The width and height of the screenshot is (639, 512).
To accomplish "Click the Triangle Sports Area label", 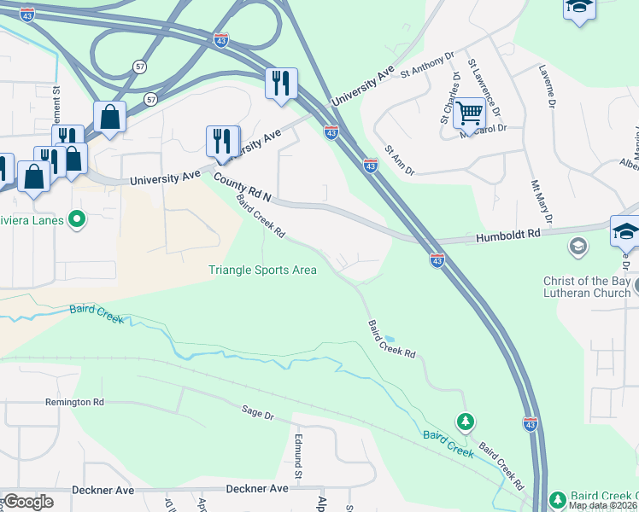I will point(263,271).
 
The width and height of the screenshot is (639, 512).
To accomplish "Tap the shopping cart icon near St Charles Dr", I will point(469,113).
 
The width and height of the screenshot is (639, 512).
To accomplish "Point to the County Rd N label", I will point(243,189).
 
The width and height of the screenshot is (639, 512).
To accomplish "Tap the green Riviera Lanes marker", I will point(78,220).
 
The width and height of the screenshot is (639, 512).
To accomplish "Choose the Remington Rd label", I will point(74,401).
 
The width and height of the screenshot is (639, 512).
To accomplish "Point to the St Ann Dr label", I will point(399,160).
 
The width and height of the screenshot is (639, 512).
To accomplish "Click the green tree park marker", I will point(465,422).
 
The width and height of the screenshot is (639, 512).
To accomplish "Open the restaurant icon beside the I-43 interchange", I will point(281,84).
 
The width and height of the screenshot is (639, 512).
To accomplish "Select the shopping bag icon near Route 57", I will point(110,118).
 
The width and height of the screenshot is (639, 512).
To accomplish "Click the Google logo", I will point(27,502).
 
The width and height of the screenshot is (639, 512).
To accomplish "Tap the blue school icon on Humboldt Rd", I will point(624,232).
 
